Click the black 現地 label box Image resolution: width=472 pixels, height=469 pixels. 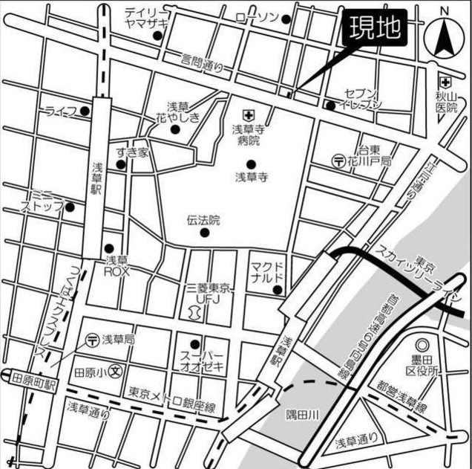click(376, 28)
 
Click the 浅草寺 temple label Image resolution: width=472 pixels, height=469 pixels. click(251, 177)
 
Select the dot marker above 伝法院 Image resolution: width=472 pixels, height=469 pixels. click(205, 233)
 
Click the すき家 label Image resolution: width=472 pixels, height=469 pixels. click(132, 153)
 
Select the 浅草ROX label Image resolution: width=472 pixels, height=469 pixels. click(117, 266)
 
